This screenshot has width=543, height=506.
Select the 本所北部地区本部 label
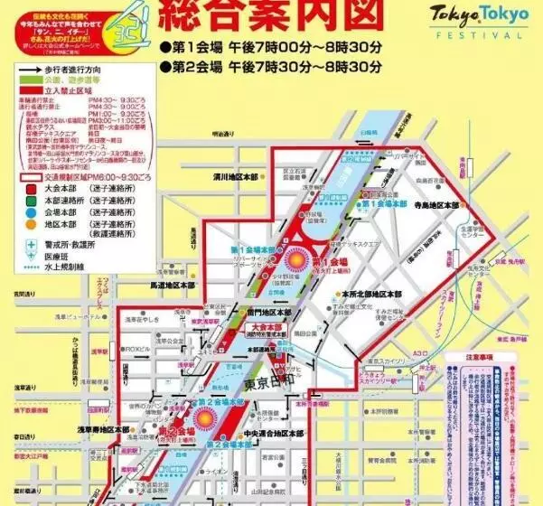tap(370, 294)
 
